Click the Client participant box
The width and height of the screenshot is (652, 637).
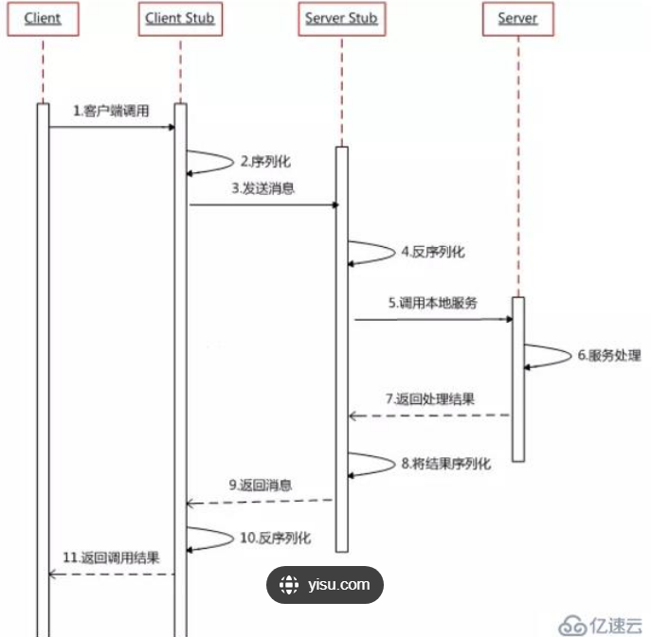tap(43, 19)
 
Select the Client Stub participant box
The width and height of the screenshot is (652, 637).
tap(180, 19)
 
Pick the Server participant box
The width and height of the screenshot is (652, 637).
tap(517, 19)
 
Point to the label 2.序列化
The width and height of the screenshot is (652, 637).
tap(261, 162)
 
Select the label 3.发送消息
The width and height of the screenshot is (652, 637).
tap(263, 188)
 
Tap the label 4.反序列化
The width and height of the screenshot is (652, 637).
tap(432, 253)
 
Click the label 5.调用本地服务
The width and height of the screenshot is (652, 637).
tap(431, 304)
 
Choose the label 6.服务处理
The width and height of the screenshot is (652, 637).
tap(608, 356)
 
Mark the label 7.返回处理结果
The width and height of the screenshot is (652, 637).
tap(429, 398)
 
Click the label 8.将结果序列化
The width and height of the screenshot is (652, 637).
tap(445, 464)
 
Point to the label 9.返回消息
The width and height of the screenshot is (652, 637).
tap(260, 486)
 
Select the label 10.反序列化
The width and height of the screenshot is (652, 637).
tap(275, 538)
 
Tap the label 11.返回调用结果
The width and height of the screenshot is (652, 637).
tap(111, 557)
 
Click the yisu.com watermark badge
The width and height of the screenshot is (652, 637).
tap(325, 585)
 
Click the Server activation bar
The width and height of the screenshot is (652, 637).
tap(518, 379)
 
